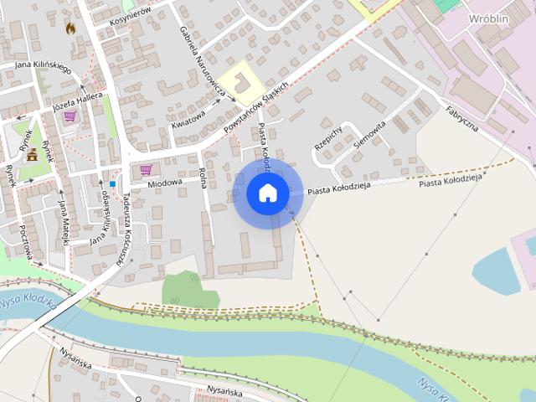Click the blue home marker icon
coord(267,193)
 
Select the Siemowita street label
coord(369,133)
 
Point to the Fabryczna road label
coord(461,118)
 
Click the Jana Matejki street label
coord(62,216)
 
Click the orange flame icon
coord(70,28)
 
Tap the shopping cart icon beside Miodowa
coord(146,169)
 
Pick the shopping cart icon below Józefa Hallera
coord(70,116)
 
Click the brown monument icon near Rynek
coord(32,155)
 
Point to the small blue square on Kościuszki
coord(112,184)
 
